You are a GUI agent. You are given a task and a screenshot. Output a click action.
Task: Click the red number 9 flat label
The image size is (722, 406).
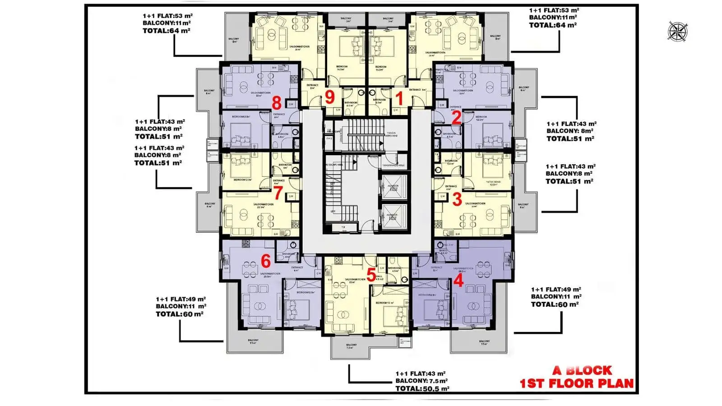[330, 97]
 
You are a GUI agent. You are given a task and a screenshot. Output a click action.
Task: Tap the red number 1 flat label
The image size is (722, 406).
[399, 97]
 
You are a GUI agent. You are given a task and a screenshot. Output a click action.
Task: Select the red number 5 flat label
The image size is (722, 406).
[371, 275]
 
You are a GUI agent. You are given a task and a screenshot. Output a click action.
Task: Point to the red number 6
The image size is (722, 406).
[266, 261]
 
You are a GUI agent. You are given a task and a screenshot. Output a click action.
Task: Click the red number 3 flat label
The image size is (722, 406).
[457, 199]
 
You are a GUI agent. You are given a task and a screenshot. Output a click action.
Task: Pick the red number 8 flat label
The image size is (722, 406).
[276, 103]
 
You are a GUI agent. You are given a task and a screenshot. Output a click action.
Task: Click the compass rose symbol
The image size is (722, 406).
[677, 32]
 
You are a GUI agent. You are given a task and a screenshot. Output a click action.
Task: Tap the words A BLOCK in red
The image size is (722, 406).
[582, 370]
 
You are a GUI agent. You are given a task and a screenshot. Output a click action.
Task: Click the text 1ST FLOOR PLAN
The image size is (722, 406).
[577, 383]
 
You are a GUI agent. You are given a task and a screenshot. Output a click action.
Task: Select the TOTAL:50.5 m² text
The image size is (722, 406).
[422, 388]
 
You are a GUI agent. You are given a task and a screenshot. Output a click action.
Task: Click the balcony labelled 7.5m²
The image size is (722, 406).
[352, 346]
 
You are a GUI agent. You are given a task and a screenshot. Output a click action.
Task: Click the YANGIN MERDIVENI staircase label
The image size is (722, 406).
[391, 134]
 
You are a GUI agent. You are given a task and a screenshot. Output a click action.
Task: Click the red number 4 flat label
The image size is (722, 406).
[458, 281]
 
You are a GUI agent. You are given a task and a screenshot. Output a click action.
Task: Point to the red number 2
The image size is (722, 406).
[456, 118]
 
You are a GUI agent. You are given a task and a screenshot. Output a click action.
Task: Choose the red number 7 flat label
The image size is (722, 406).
[278, 193]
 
